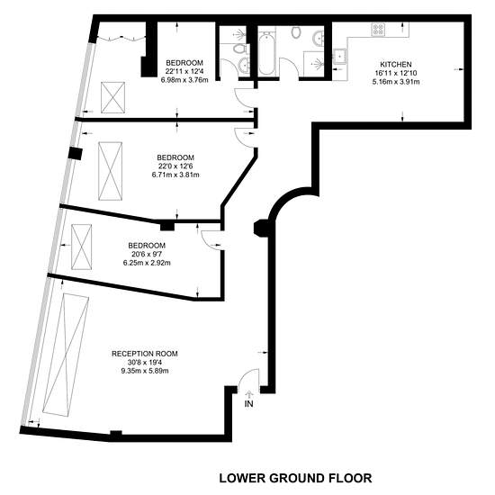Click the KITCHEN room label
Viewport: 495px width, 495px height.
point(396,65)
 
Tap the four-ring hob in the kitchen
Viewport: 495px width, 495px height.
point(378,30)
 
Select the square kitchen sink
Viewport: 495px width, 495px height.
point(339,57)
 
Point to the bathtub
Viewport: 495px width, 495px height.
point(266,53)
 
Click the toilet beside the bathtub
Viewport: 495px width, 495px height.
point(295,32)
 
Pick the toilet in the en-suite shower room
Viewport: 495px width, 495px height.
point(239,49)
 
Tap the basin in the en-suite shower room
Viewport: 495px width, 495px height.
point(244,66)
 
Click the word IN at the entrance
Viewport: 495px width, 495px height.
point(248,403)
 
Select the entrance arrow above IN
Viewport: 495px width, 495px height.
point(249,394)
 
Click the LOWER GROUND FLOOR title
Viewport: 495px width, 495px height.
point(295,478)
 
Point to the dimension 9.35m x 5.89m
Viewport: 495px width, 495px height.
point(145,371)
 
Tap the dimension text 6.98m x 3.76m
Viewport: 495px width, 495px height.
point(184,80)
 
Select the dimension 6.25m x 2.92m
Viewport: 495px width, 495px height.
point(147,263)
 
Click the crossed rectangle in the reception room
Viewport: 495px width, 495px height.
point(66,355)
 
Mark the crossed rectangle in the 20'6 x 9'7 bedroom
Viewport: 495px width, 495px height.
point(81,247)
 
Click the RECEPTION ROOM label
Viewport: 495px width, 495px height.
point(145,354)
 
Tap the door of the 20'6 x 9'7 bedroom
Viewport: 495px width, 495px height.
point(212,241)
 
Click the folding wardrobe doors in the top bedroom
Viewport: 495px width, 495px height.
point(121,38)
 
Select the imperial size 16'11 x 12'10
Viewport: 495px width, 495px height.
point(396,73)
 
